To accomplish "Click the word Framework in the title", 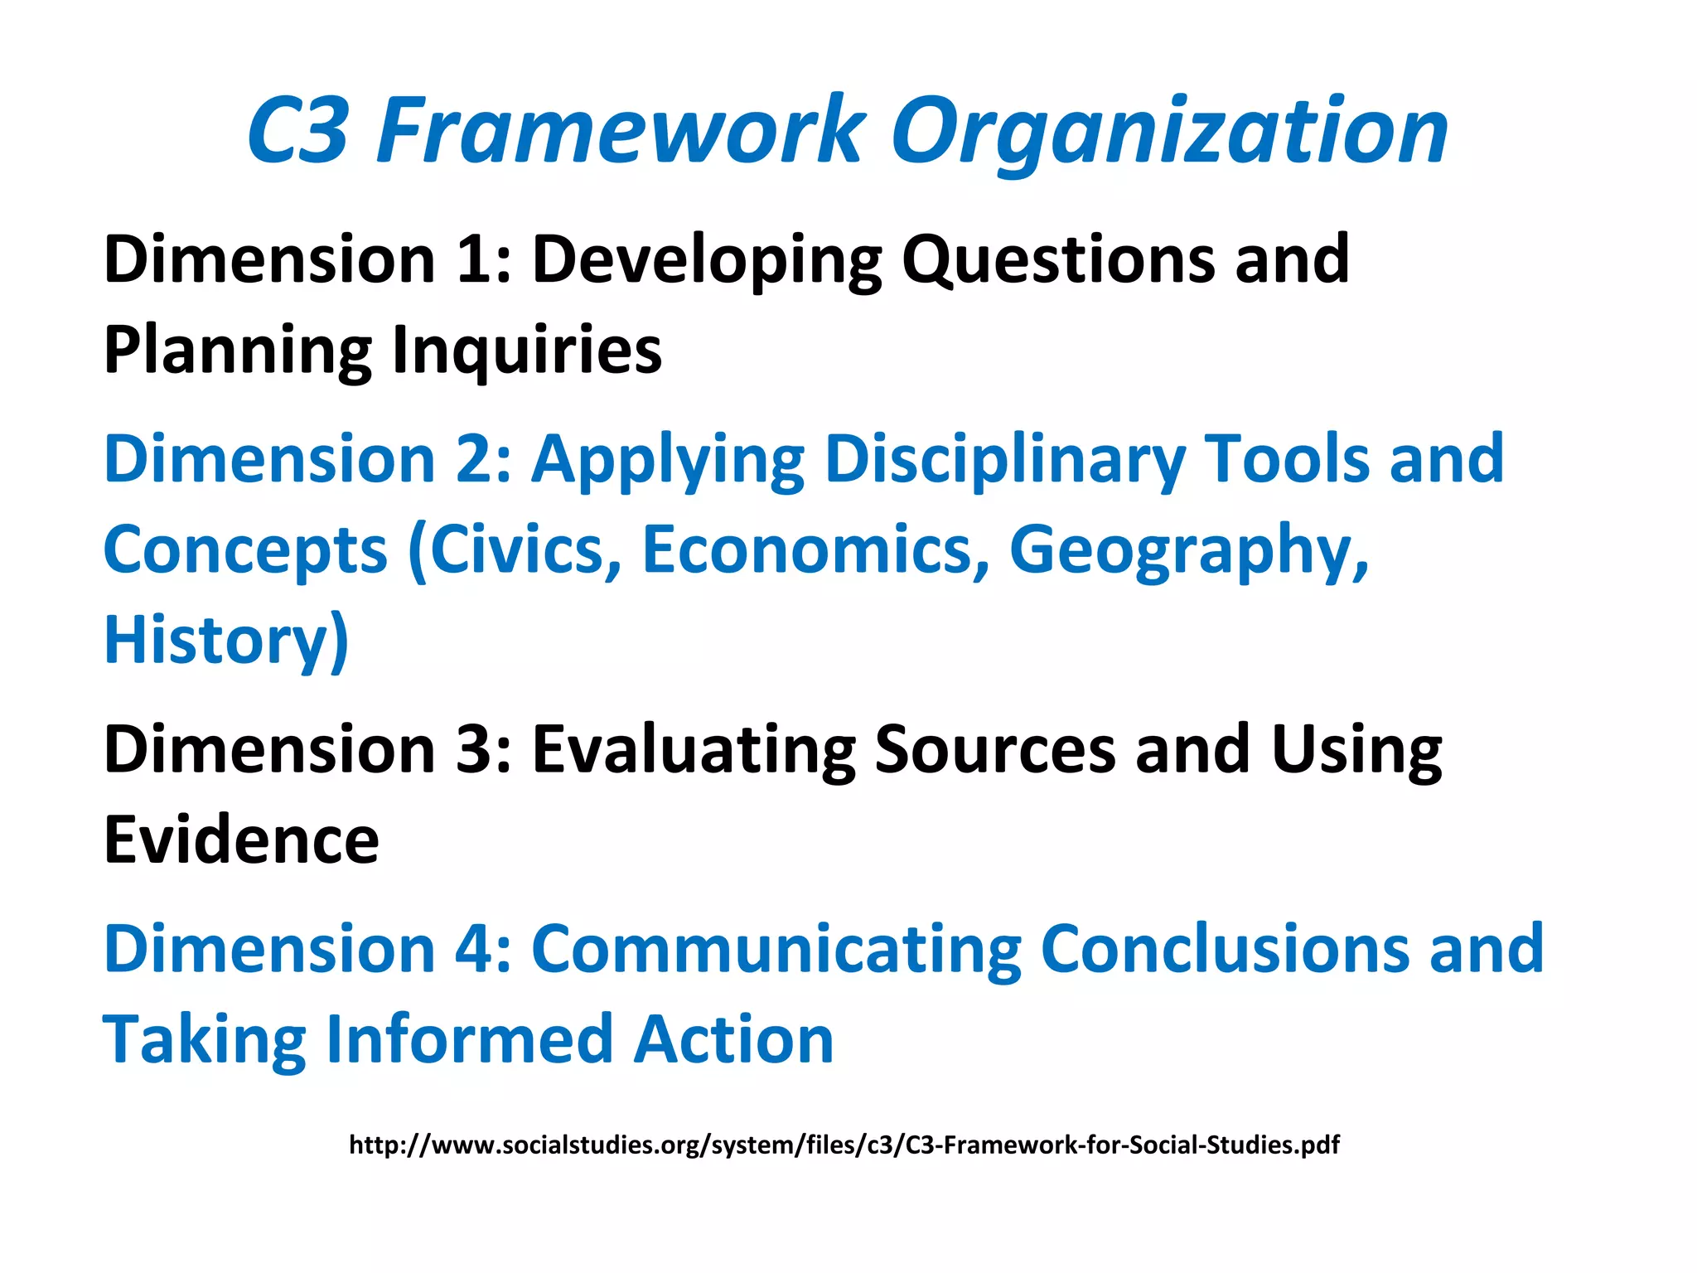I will (x=620, y=131).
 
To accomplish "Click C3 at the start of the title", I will (x=297, y=131).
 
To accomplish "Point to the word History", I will (x=217, y=641).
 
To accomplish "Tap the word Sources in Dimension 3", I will (x=995, y=749).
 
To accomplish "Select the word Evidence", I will (x=241, y=840).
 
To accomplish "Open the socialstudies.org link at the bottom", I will (x=844, y=1145).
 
